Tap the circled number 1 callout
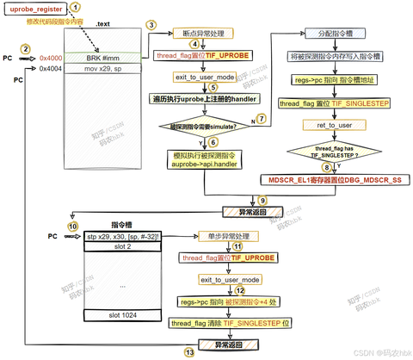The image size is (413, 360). (86, 7)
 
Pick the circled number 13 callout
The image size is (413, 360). (189, 353)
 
